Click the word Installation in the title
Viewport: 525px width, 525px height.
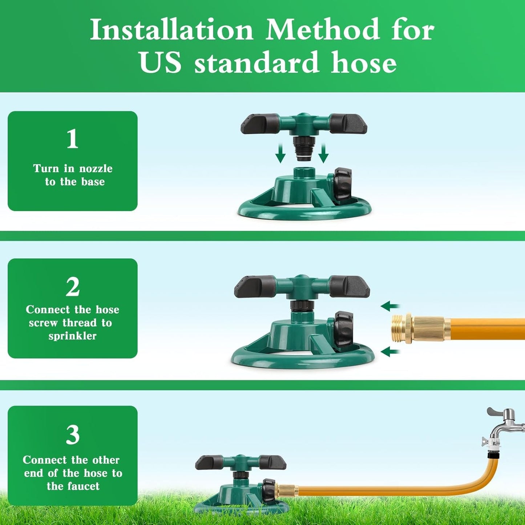(171, 30)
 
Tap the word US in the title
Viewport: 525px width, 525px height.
(160, 62)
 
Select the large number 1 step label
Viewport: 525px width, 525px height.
(72, 139)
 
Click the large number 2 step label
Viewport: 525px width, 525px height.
(73, 287)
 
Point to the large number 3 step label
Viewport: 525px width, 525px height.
(73, 435)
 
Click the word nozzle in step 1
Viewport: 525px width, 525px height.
(96, 169)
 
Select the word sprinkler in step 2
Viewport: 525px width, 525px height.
(73, 336)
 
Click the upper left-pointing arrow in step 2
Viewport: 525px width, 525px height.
(389, 306)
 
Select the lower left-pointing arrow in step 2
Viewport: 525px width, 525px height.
(389, 352)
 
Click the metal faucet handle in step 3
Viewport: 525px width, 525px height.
(500, 413)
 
